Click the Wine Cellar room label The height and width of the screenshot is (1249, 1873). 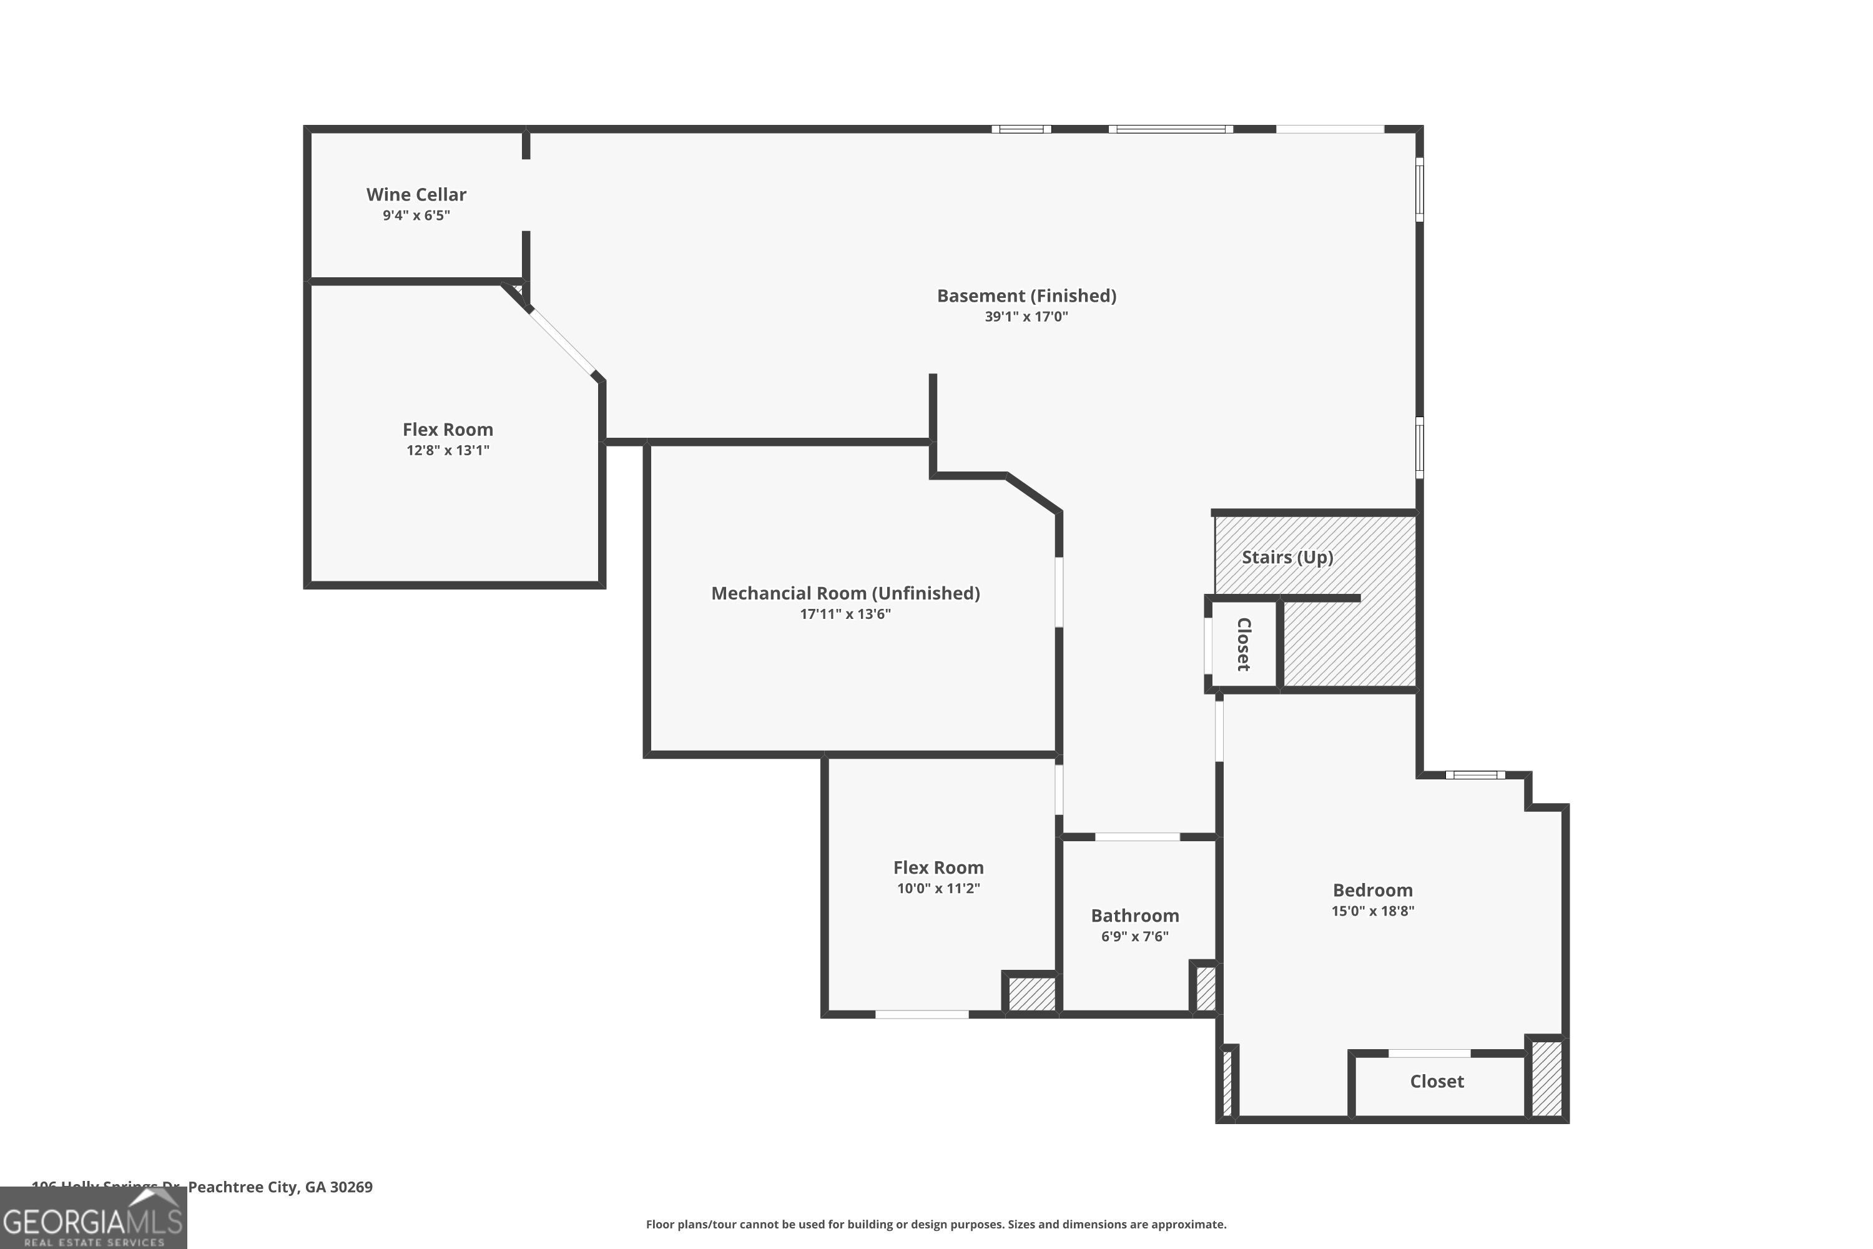coord(416,194)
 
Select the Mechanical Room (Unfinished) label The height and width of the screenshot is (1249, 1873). coord(845,593)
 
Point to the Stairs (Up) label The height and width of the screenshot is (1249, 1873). coord(1287,557)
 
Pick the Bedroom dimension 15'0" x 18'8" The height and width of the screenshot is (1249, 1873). coord(1372,911)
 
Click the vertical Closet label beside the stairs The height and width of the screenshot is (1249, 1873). coord(1243,644)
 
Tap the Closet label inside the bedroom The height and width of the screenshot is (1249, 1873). coord(1436,1082)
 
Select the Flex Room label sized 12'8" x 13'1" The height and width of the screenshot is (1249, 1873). coord(448,430)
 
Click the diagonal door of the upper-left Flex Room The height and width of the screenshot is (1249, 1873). coord(563,342)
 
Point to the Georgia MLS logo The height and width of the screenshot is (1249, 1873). coord(93,1219)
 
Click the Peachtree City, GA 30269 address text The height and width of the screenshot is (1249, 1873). coord(280,1187)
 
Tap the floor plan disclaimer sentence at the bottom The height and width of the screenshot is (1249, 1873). coord(936,1224)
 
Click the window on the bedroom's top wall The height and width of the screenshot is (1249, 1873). coord(1475,775)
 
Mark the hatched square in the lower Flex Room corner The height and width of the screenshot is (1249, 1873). coord(1031,994)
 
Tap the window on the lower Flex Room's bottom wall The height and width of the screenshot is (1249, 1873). coord(922,1015)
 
